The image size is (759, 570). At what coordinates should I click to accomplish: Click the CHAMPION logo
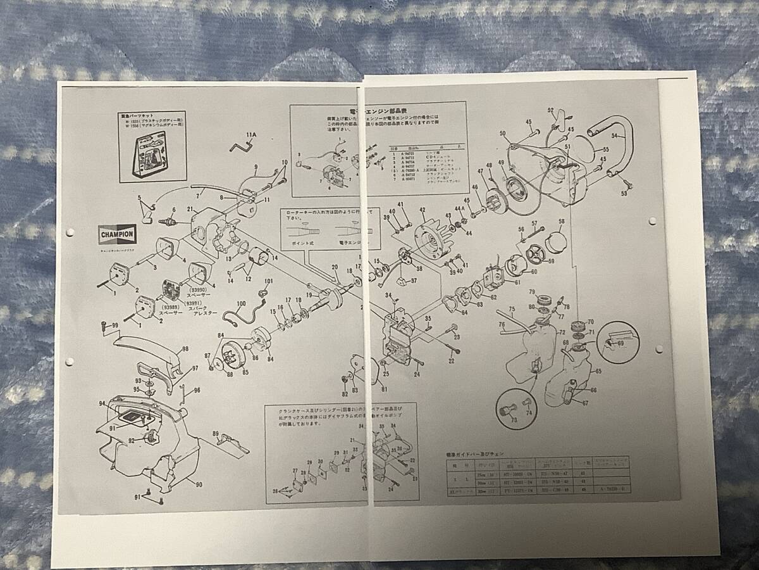click(x=116, y=234)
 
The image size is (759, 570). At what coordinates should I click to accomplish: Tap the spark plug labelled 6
click(x=168, y=222)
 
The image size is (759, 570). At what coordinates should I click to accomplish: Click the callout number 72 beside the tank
click(x=560, y=331)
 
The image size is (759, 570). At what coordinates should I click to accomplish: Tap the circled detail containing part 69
click(x=614, y=340)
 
